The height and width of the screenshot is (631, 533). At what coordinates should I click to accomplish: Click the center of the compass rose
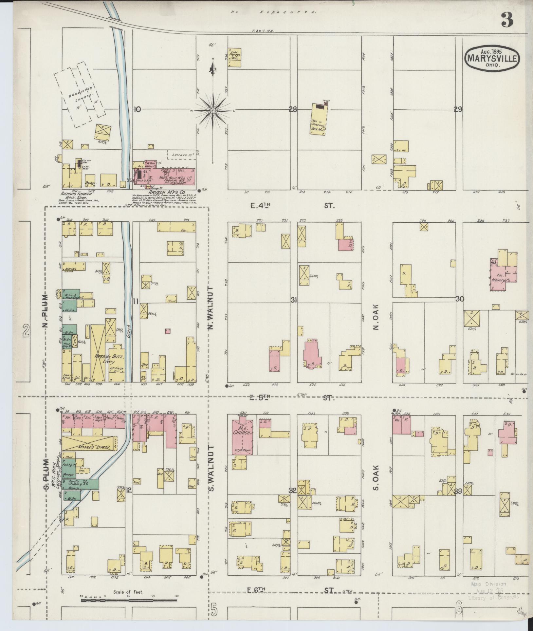(x=213, y=111)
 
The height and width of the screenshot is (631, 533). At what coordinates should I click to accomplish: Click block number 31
(x=294, y=300)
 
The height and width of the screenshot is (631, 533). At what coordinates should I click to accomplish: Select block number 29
(x=458, y=110)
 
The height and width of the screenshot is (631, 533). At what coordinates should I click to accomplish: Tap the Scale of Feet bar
(x=129, y=601)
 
